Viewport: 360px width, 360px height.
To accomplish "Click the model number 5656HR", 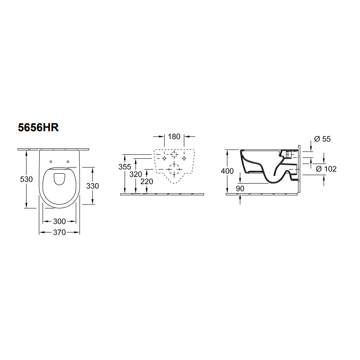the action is (x=38, y=128).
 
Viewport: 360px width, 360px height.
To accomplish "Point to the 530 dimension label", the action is (x=26, y=179).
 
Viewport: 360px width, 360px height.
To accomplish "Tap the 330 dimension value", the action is (x=92, y=186).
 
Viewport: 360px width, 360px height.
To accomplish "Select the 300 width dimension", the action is (x=60, y=221).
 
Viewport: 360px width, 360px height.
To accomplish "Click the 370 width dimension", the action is (x=60, y=232).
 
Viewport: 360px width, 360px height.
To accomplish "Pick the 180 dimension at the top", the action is (x=174, y=137).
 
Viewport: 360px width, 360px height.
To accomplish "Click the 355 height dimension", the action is (x=125, y=167).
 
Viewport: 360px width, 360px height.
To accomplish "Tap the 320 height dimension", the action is (x=136, y=174).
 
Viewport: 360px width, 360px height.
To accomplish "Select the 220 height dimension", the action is (x=147, y=182).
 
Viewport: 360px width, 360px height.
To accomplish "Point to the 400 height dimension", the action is (x=227, y=171).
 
